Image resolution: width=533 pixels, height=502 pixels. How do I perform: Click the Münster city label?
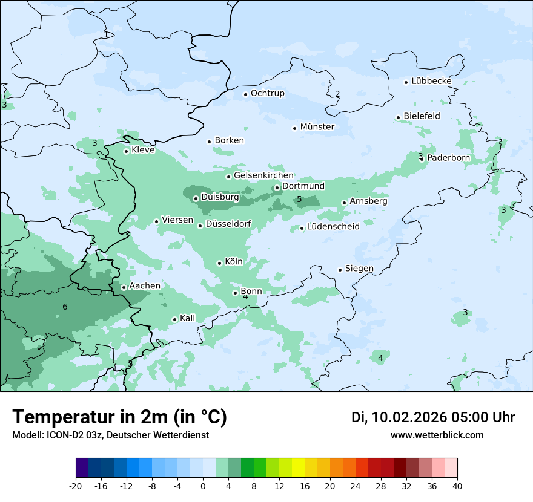click(317, 127)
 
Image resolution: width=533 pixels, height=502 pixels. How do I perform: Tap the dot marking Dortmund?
click(277, 187)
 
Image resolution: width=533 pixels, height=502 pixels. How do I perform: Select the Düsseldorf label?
click(228, 224)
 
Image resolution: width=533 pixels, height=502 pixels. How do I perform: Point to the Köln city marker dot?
click(219, 263)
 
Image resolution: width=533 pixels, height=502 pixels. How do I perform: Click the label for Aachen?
click(145, 286)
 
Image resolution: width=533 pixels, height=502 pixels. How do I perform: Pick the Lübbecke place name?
click(431, 81)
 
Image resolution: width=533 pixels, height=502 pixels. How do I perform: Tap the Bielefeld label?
click(422, 116)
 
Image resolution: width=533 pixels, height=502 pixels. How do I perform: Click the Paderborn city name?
click(448, 158)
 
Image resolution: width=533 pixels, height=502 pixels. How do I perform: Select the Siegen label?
click(359, 269)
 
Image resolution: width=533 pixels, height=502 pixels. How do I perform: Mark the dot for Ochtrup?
click(245, 94)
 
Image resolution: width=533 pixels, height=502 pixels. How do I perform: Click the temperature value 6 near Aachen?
click(65, 307)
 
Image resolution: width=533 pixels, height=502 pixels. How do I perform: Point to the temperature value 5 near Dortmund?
click(299, 200)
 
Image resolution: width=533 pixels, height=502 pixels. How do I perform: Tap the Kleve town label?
click(143, 150)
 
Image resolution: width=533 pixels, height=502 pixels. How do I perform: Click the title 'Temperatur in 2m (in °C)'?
click(119, 417)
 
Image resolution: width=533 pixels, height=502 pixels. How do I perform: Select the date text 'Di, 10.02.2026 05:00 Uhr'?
click(433, 417)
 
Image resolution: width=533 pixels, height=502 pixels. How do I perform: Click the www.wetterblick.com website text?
click(437, 435)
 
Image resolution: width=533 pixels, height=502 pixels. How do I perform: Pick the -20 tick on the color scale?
click(76, 486)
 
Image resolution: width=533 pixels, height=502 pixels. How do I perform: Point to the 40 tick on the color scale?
click(457, 486)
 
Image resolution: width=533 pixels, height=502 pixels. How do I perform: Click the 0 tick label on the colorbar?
click(203, 486)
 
